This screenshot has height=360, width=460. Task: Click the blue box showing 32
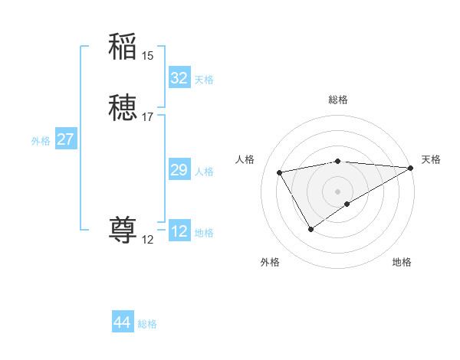pos(179,78)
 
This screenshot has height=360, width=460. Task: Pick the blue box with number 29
pos(179,170)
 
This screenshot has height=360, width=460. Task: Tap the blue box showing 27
pos(66,139)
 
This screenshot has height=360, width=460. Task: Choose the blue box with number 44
pos(122,322)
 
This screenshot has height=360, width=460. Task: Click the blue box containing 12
pos(179,231)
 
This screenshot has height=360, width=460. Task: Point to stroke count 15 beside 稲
pos(148,55)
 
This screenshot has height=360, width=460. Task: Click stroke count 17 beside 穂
pos(148,117)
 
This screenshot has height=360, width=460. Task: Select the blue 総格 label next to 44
pos(148,324)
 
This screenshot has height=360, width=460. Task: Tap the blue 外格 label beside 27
pos(41,141)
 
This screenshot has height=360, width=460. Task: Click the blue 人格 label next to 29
pos(205,172)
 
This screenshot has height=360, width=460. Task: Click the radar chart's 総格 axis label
pos(338,100)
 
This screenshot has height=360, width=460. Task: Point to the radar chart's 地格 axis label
pos(402,262)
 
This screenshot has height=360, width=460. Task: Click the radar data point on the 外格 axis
pos(310,228)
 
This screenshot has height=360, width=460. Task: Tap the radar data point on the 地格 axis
pos(347,204)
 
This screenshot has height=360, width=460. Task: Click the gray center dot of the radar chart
pos(338,191)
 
